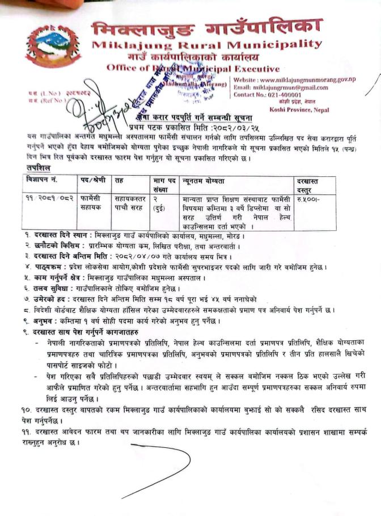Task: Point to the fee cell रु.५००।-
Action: (309, 200)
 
